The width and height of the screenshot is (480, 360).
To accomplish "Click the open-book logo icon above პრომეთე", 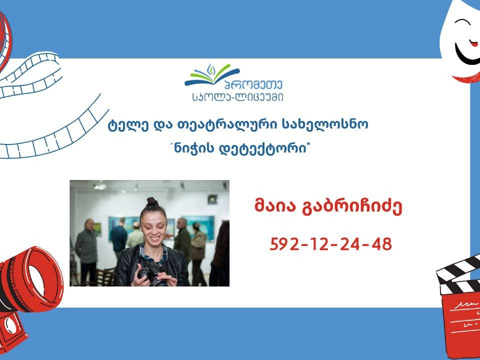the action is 212,74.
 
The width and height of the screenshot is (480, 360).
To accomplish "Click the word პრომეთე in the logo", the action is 253,85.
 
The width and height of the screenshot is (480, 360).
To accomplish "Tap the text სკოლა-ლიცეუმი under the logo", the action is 237,96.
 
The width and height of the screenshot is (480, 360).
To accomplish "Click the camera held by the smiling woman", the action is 153,273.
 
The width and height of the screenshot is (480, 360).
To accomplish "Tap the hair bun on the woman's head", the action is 152,201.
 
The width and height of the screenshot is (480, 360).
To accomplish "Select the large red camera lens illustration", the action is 30,279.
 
